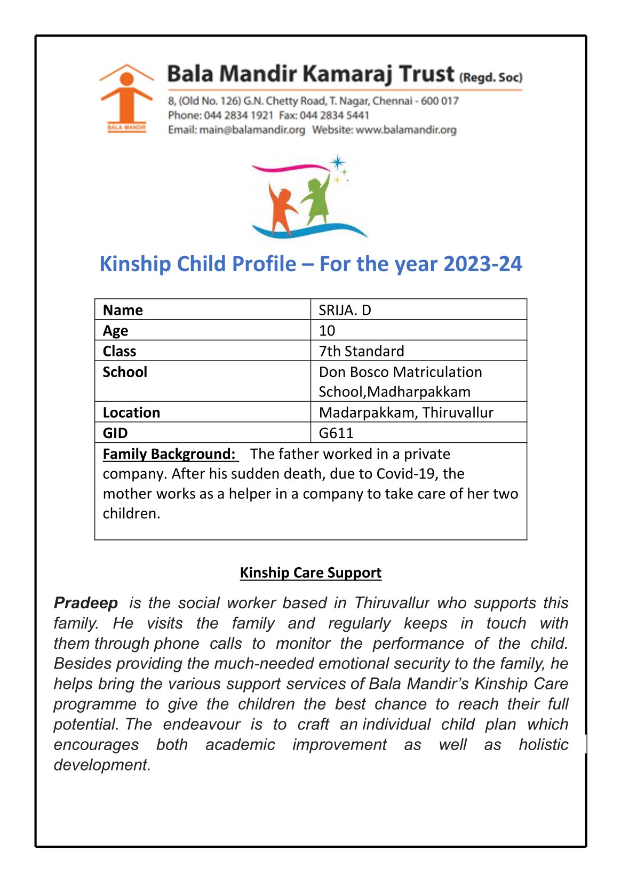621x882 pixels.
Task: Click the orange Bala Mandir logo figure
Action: coord(126,96)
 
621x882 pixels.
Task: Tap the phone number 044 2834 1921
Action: coord(238,115)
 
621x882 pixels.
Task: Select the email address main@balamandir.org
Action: coord(252,130)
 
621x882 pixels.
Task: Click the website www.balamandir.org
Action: coord(406,130)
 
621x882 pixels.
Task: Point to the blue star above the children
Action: coord(337,162)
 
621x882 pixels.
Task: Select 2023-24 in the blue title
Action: coord(482,264)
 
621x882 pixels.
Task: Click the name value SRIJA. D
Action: coord(345,310)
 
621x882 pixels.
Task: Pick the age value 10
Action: coord(327,331)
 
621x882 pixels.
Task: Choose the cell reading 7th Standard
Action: coord(361,351)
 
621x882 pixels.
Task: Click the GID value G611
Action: coord(336,433)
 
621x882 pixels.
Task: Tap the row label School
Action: coord(125,372)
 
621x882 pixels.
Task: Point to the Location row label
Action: coord(131,412)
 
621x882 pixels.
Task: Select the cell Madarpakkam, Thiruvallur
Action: coord(406,412)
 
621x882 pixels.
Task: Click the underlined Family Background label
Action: coord(169,454)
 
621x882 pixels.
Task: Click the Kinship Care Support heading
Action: coord(310,573)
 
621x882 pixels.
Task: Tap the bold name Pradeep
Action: coord(86,603)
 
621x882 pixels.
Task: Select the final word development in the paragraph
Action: coord(102,765)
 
